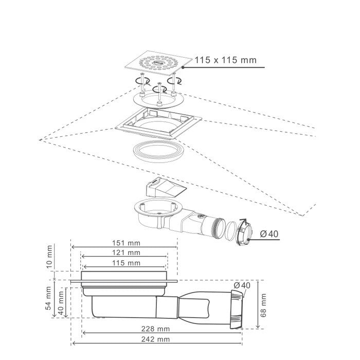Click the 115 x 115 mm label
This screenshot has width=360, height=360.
pos(225,60)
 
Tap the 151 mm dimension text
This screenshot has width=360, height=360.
pos(126,243)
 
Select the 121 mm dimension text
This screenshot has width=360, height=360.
pos(126,253)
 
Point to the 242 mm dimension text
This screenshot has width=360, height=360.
pos(156,339)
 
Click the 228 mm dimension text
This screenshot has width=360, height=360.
pos(156,329)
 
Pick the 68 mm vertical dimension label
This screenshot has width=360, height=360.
pos(263,305)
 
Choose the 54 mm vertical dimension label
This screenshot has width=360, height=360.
pos(48,298)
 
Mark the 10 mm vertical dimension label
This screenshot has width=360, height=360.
pos(49,257)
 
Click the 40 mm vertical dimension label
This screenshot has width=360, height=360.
pos(61,303)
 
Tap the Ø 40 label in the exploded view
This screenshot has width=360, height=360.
pos(269,234)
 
